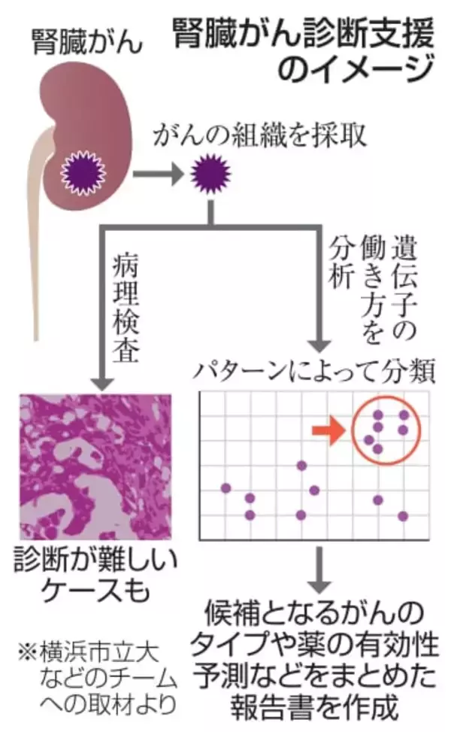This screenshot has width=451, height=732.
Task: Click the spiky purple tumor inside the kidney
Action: (x=84, y=172)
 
